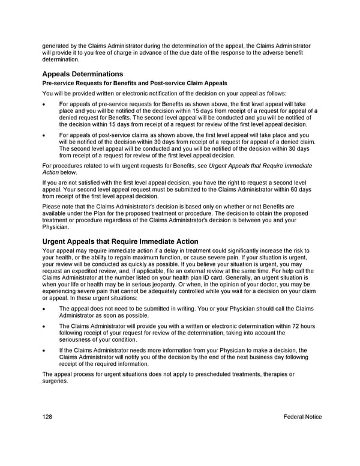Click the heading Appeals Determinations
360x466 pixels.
click(83, 74)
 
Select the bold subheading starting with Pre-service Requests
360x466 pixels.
click(134, 83)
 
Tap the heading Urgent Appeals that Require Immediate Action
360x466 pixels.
click(120, 241)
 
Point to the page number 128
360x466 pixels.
click(48, 417)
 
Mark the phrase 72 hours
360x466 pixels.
click(302, 326)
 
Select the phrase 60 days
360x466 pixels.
click(298, 189)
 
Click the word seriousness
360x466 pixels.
click(76, 339)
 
